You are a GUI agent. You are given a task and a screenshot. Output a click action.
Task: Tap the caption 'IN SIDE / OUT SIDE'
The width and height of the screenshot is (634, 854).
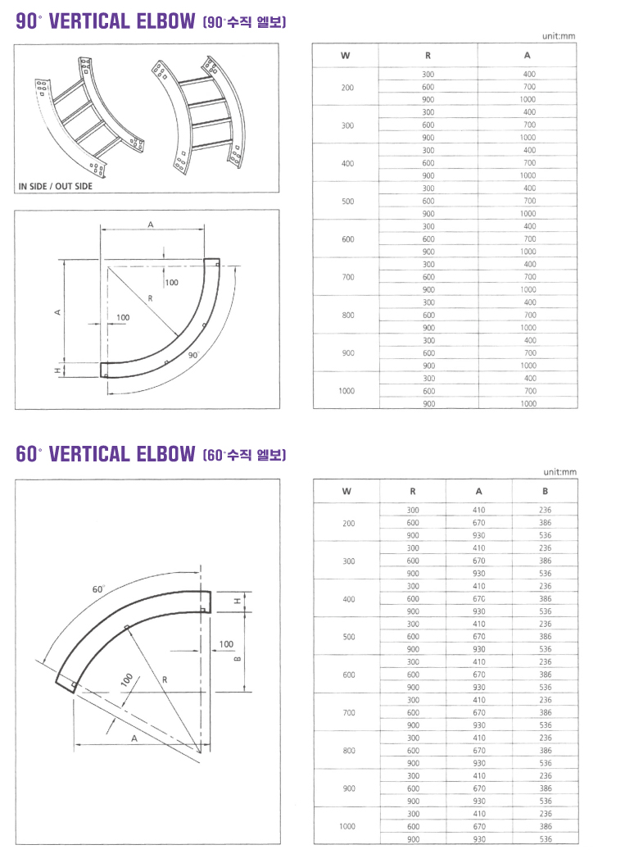point(56,186)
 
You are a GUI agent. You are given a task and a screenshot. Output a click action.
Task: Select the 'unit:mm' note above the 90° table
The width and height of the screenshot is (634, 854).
point(559,36)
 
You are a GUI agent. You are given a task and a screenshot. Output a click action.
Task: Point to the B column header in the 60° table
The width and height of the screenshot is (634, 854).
point(545,492)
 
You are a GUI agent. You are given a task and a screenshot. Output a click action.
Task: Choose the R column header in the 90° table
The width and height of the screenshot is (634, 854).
point(428,56)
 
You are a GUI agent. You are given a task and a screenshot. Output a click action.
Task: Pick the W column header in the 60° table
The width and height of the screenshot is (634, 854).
point(346,492)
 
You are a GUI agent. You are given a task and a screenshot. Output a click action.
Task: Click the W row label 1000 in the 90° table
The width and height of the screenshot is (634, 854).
point(346,391)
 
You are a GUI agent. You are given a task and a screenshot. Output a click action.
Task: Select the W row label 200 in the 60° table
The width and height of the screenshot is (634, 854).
point(347,523)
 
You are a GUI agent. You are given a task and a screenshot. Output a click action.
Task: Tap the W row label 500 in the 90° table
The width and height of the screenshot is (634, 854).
point(347,201)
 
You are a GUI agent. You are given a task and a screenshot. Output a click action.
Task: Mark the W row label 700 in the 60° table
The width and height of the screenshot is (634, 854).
point(347,712)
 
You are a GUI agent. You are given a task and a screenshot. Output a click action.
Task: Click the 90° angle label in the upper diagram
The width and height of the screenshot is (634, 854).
point(193,356)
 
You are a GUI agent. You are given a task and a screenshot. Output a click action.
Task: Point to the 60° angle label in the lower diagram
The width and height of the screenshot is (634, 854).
point(97,588)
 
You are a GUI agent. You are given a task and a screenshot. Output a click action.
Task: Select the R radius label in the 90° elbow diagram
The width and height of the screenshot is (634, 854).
point(151,299)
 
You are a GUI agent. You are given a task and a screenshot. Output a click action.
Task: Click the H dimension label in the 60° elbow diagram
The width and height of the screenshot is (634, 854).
point(238,602)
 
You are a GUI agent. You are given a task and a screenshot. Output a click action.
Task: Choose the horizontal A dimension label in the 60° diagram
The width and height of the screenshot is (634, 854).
point(134,738)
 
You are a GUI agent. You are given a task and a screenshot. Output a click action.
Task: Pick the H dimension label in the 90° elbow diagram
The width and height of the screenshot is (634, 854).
point(58,370)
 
